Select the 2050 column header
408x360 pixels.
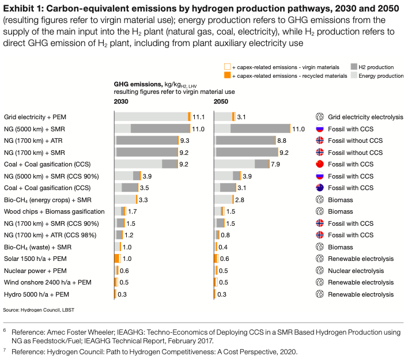point(221,101)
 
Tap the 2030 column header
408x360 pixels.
point(121,101)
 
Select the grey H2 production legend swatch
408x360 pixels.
point(354,67)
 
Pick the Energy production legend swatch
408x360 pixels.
point(354,75)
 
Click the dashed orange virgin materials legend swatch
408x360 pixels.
point(227,67)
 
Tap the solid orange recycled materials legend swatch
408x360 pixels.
point(227,75)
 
